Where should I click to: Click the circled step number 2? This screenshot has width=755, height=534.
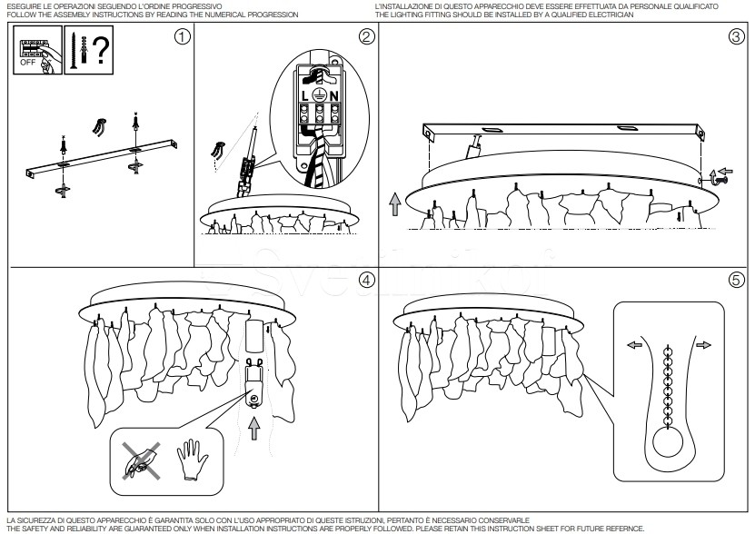click(366, 37)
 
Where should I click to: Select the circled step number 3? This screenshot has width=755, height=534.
click(736, 37)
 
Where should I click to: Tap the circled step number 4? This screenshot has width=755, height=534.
click(366, 281)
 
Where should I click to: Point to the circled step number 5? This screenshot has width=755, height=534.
click(736, 281)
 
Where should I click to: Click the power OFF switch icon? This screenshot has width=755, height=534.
click(33, 51)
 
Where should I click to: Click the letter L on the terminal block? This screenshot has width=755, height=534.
click(304, 95)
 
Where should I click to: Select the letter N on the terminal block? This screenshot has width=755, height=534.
click(333, 95)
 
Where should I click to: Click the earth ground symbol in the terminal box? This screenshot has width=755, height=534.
click(319, 94)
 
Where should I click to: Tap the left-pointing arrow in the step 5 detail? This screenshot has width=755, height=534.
click(635, 346)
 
